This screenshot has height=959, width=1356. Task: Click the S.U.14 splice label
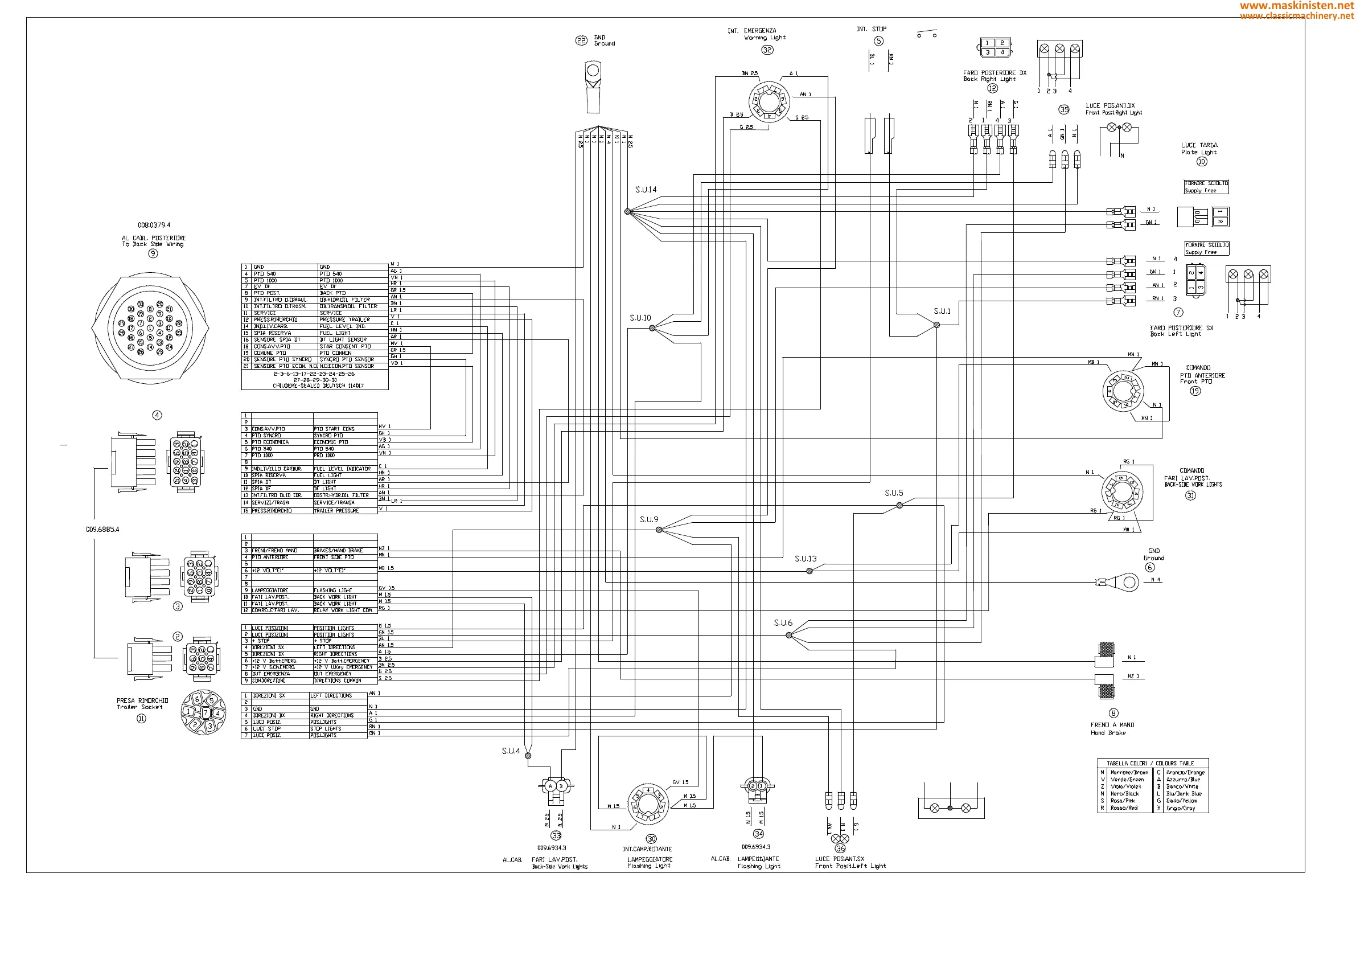tap(646, 190)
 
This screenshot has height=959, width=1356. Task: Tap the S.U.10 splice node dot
tap(652, 328)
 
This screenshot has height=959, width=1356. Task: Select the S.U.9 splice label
tap(648, 520)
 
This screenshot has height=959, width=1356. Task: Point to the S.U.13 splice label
tap(805, 559)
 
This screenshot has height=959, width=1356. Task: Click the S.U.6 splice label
tap(783, 624)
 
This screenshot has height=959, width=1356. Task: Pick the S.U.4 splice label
tap(511, 751)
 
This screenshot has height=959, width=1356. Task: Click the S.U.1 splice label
tap(942, 312)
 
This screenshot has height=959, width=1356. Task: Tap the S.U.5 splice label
tap(894, 493)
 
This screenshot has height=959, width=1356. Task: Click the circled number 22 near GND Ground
tap(581, 41)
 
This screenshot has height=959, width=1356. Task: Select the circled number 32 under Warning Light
tap(767, 50)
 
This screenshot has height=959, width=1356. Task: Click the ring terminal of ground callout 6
tap(1129, 583)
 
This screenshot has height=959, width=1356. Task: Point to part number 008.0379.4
tap(154, 225)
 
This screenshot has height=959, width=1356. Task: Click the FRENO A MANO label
tap(1112, 725)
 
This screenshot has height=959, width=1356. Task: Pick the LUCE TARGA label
tap(1199, 145)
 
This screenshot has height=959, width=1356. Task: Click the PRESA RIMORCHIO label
tap(142, 701)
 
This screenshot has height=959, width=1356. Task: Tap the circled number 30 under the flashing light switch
tap(651, 839)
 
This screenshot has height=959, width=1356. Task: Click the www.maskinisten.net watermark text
tap(1297, 5)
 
